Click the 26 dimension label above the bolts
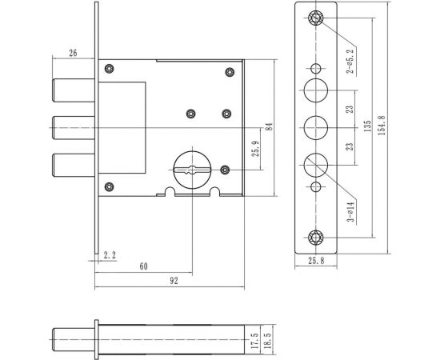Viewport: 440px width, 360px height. (73, 54)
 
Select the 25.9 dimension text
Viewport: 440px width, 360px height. (254, 149)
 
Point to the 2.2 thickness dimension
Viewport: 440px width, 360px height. (111, 255)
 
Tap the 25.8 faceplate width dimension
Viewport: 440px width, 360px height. (317, 261)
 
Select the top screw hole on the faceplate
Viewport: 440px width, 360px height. (316, 18)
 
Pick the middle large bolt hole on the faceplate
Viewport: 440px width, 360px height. (316, 126)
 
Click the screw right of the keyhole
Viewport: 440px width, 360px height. (226, 170)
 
